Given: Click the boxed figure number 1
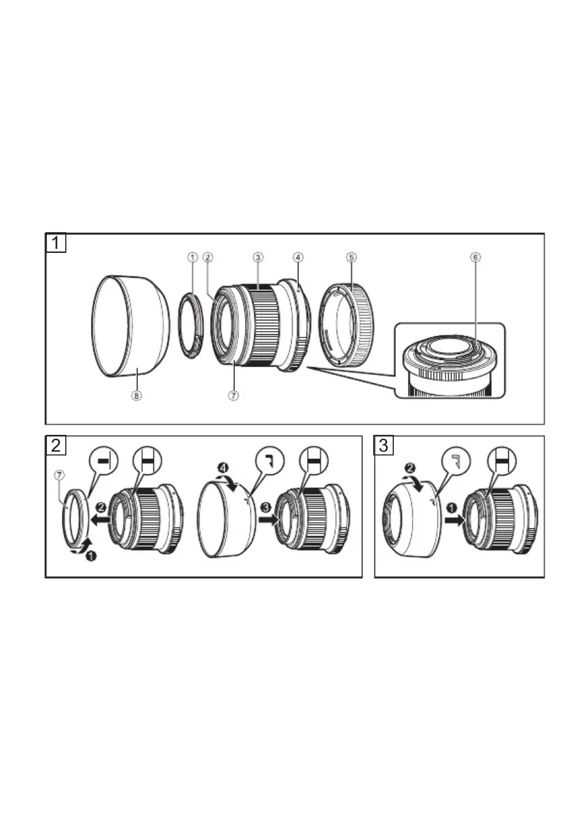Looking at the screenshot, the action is tap(56, 243).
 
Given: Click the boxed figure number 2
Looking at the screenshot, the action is tap(56, 445).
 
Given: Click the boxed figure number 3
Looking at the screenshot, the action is tap(384, 445).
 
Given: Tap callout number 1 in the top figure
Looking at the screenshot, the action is tap(193, 257).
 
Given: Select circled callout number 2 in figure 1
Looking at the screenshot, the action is tap(208, 257).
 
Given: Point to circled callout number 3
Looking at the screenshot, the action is tap(258, 257).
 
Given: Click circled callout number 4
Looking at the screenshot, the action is tap(298, 257).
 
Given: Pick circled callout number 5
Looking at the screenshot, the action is tap(351, 257).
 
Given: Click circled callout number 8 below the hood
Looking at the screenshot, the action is tap(137, 395).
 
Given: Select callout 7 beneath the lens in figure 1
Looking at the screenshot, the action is tap(233, 395).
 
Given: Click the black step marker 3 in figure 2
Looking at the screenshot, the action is tap(266, 507).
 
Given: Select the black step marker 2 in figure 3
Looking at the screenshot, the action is tap(410, 468).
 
